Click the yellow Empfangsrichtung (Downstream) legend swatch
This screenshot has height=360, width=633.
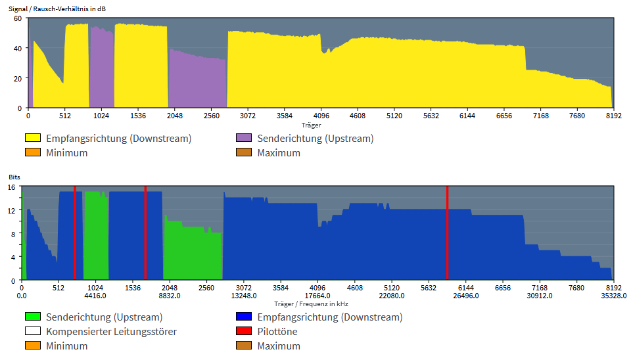[33, 139]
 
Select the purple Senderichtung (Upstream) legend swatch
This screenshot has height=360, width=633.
[244, 139]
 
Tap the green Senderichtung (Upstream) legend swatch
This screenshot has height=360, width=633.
[33, 317]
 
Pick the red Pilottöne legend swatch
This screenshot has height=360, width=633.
[244, 332]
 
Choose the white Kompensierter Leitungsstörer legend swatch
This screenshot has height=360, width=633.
[33, 332]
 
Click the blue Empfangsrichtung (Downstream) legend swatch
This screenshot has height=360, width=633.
[244, 317]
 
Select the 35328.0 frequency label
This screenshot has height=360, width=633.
[613, 296]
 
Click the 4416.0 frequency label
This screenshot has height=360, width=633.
[95, 296]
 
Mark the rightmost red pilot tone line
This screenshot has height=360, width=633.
[447, 233]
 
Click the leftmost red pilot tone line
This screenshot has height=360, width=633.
[74, 233]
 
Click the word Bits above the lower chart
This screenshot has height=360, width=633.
[14, 178]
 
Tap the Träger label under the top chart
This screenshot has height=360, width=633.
[311, 125]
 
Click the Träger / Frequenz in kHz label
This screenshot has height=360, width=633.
[311, 304]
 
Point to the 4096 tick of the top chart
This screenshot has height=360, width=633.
[321, 116]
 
